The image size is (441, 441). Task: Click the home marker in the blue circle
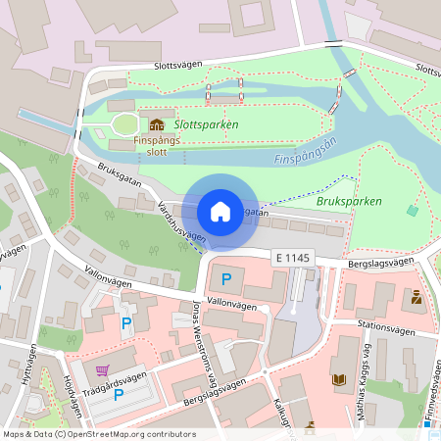(220, 211)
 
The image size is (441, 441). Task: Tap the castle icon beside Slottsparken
(157, 125)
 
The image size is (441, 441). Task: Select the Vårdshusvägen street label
(181, 222)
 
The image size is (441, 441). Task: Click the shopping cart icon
(102, 370)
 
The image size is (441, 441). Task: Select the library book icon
(339, 378)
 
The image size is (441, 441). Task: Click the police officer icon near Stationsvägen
(416, 297)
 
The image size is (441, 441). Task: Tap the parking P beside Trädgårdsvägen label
(119, 394)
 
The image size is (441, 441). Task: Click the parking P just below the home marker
(226, 280)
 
